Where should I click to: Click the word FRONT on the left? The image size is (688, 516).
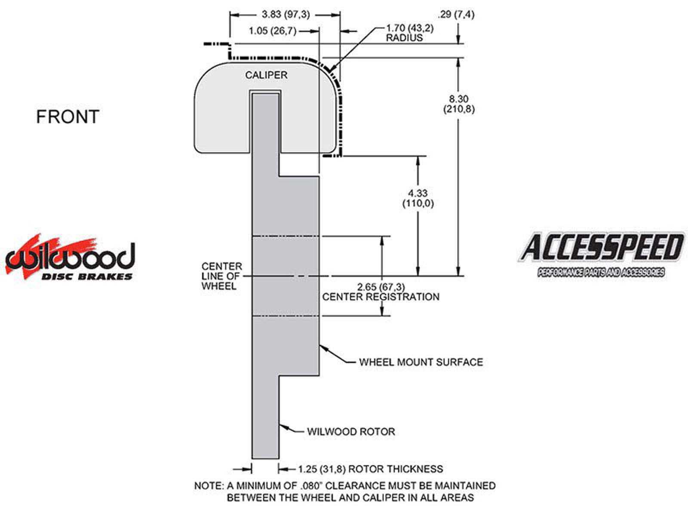click(68, 117)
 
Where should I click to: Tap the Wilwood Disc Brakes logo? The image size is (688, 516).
click(70, 259)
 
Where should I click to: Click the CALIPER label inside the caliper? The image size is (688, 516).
click(266, 75)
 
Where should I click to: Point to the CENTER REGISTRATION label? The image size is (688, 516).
click(381, 297)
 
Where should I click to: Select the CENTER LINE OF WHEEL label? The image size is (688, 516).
click(222, 276)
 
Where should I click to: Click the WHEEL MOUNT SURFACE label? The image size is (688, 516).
click(421, 362)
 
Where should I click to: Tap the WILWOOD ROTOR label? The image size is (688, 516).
click(351, 432)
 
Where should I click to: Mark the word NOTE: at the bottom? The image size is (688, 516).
click(209, 486)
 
